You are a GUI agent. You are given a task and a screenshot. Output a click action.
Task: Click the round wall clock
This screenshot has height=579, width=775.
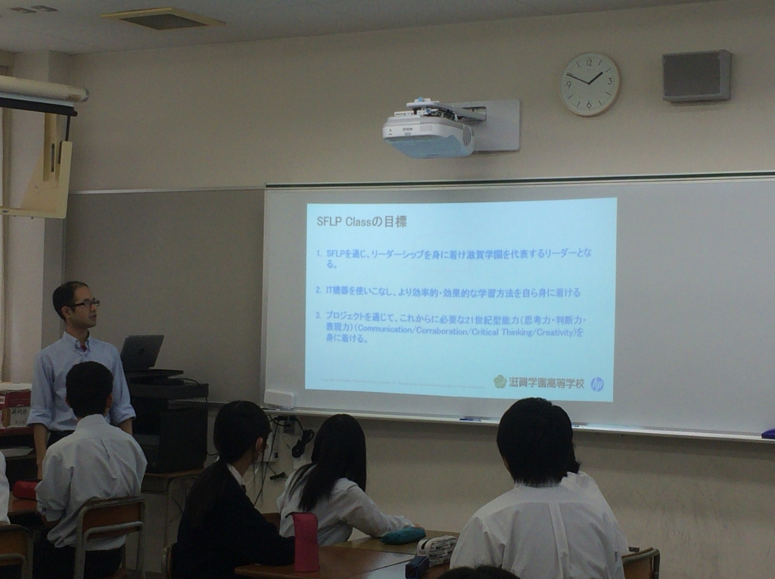tap(590, 84)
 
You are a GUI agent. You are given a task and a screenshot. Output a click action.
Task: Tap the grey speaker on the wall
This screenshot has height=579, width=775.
tap(696, 76)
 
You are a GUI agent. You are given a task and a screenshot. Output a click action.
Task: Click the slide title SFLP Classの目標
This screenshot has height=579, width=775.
tap(361, 222)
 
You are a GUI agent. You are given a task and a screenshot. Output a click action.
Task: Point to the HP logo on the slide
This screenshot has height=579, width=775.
tap(597, 383)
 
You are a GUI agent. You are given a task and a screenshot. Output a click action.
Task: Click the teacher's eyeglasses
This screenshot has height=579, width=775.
tap(86, 304)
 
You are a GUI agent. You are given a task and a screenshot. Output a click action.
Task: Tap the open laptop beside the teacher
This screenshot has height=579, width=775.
tap(142, 353)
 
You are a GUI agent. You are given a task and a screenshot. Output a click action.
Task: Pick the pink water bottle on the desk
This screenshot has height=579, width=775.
tap(306, 541)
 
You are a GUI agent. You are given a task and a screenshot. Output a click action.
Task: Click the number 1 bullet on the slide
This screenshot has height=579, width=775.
tap(319, 254)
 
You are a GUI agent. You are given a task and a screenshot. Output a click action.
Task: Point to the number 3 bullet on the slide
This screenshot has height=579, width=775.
tap(319, 314)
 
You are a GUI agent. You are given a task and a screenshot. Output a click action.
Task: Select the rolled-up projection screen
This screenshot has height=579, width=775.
tap(42, 89)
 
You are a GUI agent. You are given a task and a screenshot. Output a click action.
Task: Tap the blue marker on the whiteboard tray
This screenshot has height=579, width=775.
tap(469, 419)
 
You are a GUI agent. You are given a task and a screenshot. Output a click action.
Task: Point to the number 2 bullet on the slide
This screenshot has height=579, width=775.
tap(319, 291)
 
